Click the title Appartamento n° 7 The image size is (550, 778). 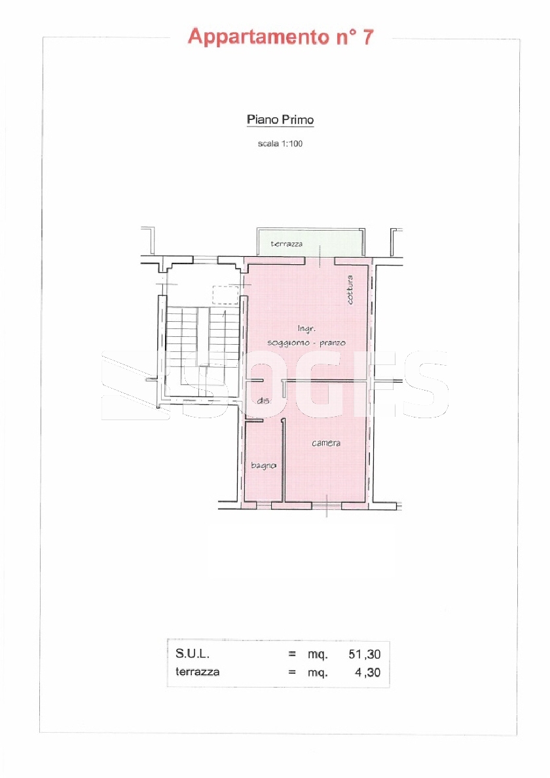pos(280,37)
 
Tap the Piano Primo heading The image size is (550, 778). pos(280,119)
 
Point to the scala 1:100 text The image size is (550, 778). pos(280,144)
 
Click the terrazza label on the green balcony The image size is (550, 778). pos(286,244)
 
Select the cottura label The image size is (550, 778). pos(350,290)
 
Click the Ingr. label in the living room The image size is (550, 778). pos(306,328)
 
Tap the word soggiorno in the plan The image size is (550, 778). pos(288,343)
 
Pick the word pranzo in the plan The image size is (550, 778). pos(333,343)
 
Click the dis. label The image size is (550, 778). pos(263,400)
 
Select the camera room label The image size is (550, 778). pos(326,443)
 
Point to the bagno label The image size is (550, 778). pos(264,465)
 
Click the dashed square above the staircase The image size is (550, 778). pos(225,295)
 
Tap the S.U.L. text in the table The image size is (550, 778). pos(192,653)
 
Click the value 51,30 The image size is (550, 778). pos(365,655)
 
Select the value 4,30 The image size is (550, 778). pos(368,673)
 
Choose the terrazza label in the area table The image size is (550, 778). pos(197,672)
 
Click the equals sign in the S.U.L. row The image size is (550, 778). pos(292,655)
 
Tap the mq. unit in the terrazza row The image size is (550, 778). pos(318,673)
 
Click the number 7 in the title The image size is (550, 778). pos(367,37)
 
